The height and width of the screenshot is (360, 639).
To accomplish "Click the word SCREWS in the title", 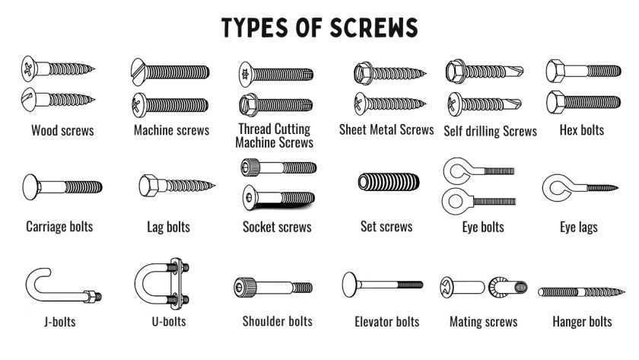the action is (x=374, y=27).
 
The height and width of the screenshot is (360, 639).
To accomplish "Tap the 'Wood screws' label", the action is (x=62, y=130).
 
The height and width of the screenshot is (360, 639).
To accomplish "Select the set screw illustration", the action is (x=389, y=182).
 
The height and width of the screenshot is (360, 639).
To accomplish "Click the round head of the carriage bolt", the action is (x=31, y=187).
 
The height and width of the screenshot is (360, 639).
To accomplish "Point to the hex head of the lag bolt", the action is (x=149, y=186).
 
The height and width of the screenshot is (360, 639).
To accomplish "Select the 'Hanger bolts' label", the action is (x=582, y=322).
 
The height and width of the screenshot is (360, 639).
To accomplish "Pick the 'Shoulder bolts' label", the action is (x=277, y=321).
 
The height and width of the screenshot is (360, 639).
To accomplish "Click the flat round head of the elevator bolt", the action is (x=350, y=284).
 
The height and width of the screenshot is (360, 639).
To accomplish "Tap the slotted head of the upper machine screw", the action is (x=138, y=72).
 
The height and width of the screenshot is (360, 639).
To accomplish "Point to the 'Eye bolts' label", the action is (x=483, y=227).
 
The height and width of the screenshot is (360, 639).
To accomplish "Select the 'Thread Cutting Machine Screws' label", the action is (x=275, y=135).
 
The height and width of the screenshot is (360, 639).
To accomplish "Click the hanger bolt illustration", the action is (x=581, y=292).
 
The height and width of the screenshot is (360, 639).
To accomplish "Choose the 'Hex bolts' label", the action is (x=581, y=130).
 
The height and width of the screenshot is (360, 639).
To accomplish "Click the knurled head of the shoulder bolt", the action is (x=245, y=287).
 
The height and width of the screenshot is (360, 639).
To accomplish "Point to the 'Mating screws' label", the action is (x=483, y=322).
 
